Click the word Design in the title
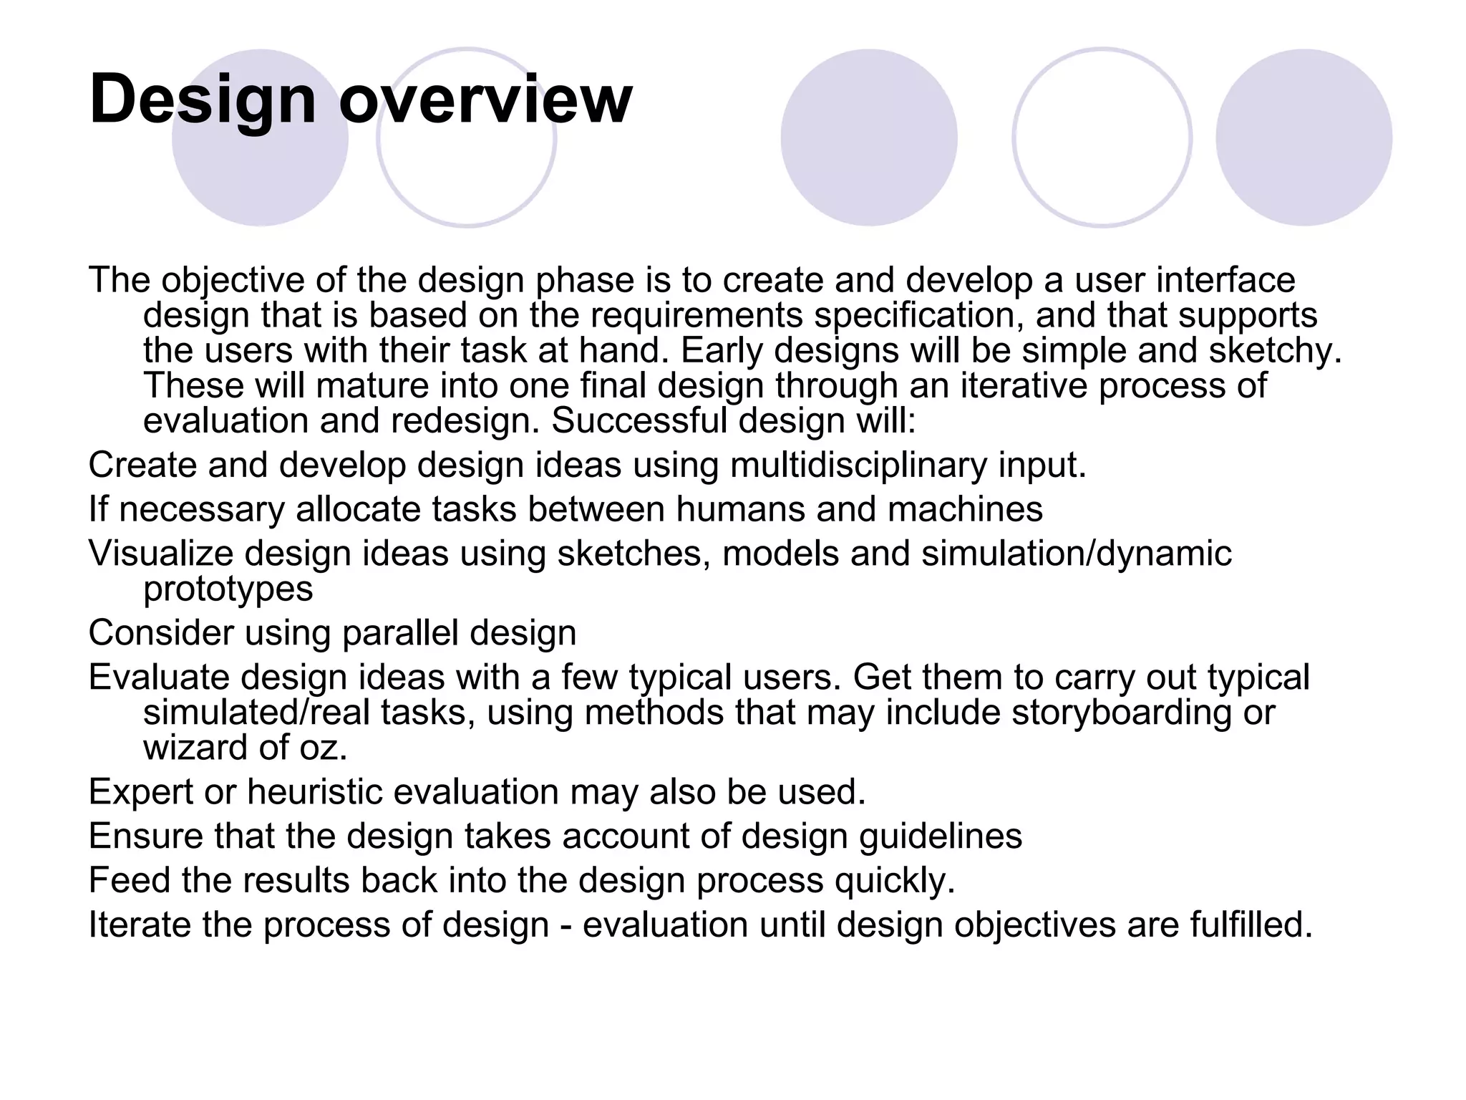tap(203, 100)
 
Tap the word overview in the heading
tap(485, 100)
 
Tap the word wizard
tap(195, 748)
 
